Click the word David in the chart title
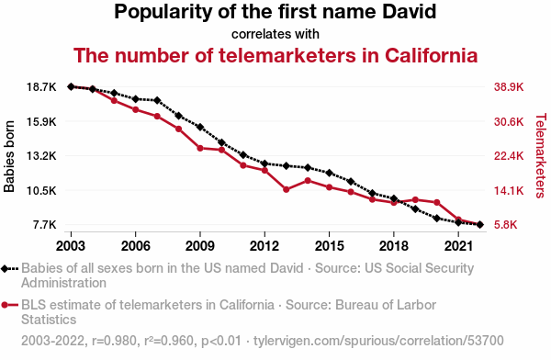(409, 11)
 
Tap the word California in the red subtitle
(432, 55)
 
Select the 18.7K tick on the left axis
(41, 87)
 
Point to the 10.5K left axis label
(41, 190)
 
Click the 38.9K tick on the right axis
(509, 87)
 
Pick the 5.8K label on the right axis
(506, 225)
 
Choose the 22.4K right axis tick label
(509, 156)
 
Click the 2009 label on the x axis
(200, 246)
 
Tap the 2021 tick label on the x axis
(458, 246)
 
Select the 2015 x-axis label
(329, 246)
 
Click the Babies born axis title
(9, 156)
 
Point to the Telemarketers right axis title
(541, 155)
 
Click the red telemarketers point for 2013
(286, 189)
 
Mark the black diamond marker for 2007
(157, 100)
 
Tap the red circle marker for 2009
(200, 149)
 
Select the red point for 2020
(437, 202)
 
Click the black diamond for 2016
(351, 182)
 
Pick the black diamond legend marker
(5, 269)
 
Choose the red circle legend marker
(5, 305)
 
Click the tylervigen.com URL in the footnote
(378, 341)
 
